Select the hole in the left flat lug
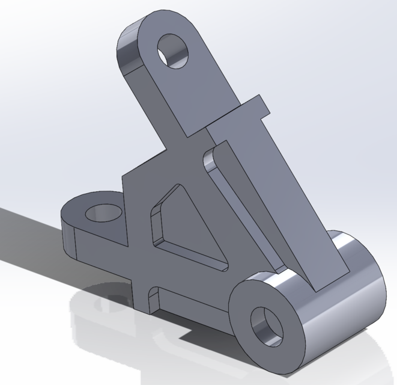(x=104, y=212)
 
